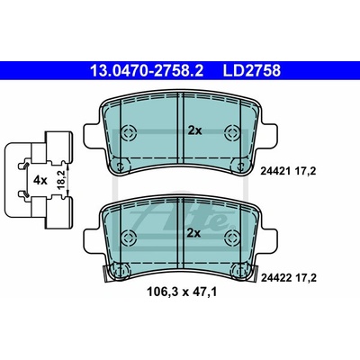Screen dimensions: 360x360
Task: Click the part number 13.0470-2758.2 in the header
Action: click(x=147, y=71)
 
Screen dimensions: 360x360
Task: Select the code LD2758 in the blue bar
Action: click(x=251, y=71)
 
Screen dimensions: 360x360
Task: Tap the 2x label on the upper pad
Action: click(x=195, y=130)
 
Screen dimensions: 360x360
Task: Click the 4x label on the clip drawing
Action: click(x=40, y=180)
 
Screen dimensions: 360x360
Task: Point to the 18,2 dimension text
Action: click(x=61, y=180)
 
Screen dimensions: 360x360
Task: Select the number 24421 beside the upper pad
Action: click(x=275, y=171)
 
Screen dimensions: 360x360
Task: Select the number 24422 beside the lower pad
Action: click(x=276, y=278)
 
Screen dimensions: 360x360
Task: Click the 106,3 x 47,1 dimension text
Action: click(x=182, y=292)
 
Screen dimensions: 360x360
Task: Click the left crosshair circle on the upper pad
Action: click(x=129, y=132)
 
